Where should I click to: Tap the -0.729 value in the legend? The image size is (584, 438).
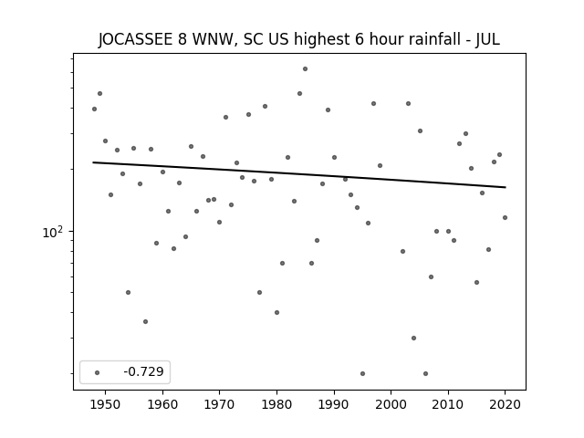(143, 371)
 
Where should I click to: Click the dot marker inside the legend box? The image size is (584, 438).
(97, 371)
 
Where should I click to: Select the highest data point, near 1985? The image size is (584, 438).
(305, 68)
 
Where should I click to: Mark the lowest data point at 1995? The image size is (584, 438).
(362, 373)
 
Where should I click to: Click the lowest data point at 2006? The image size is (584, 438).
(425, 373)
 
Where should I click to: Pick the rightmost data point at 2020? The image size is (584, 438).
(505, 217)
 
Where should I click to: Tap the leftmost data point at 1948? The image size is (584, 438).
(94, 109)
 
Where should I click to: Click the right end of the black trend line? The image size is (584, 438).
(505, 187)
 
